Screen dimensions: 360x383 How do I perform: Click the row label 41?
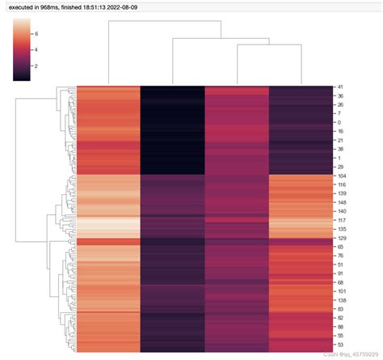341,87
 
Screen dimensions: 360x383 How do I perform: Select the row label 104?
343,176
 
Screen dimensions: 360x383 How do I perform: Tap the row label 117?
343,220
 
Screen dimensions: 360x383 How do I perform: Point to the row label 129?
343,238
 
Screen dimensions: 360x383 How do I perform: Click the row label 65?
341,247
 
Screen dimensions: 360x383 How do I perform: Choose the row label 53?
341,345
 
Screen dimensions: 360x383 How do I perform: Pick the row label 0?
339,122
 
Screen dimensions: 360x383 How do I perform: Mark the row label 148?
343,202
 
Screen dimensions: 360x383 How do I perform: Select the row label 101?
343,291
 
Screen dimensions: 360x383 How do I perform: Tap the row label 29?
341,167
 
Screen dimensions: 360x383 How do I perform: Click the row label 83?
341,309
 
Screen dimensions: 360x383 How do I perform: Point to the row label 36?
341,95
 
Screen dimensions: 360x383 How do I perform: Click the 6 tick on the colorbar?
36,33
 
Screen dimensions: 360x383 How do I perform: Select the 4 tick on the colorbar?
36,50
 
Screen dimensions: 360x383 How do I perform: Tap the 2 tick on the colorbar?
36,67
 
